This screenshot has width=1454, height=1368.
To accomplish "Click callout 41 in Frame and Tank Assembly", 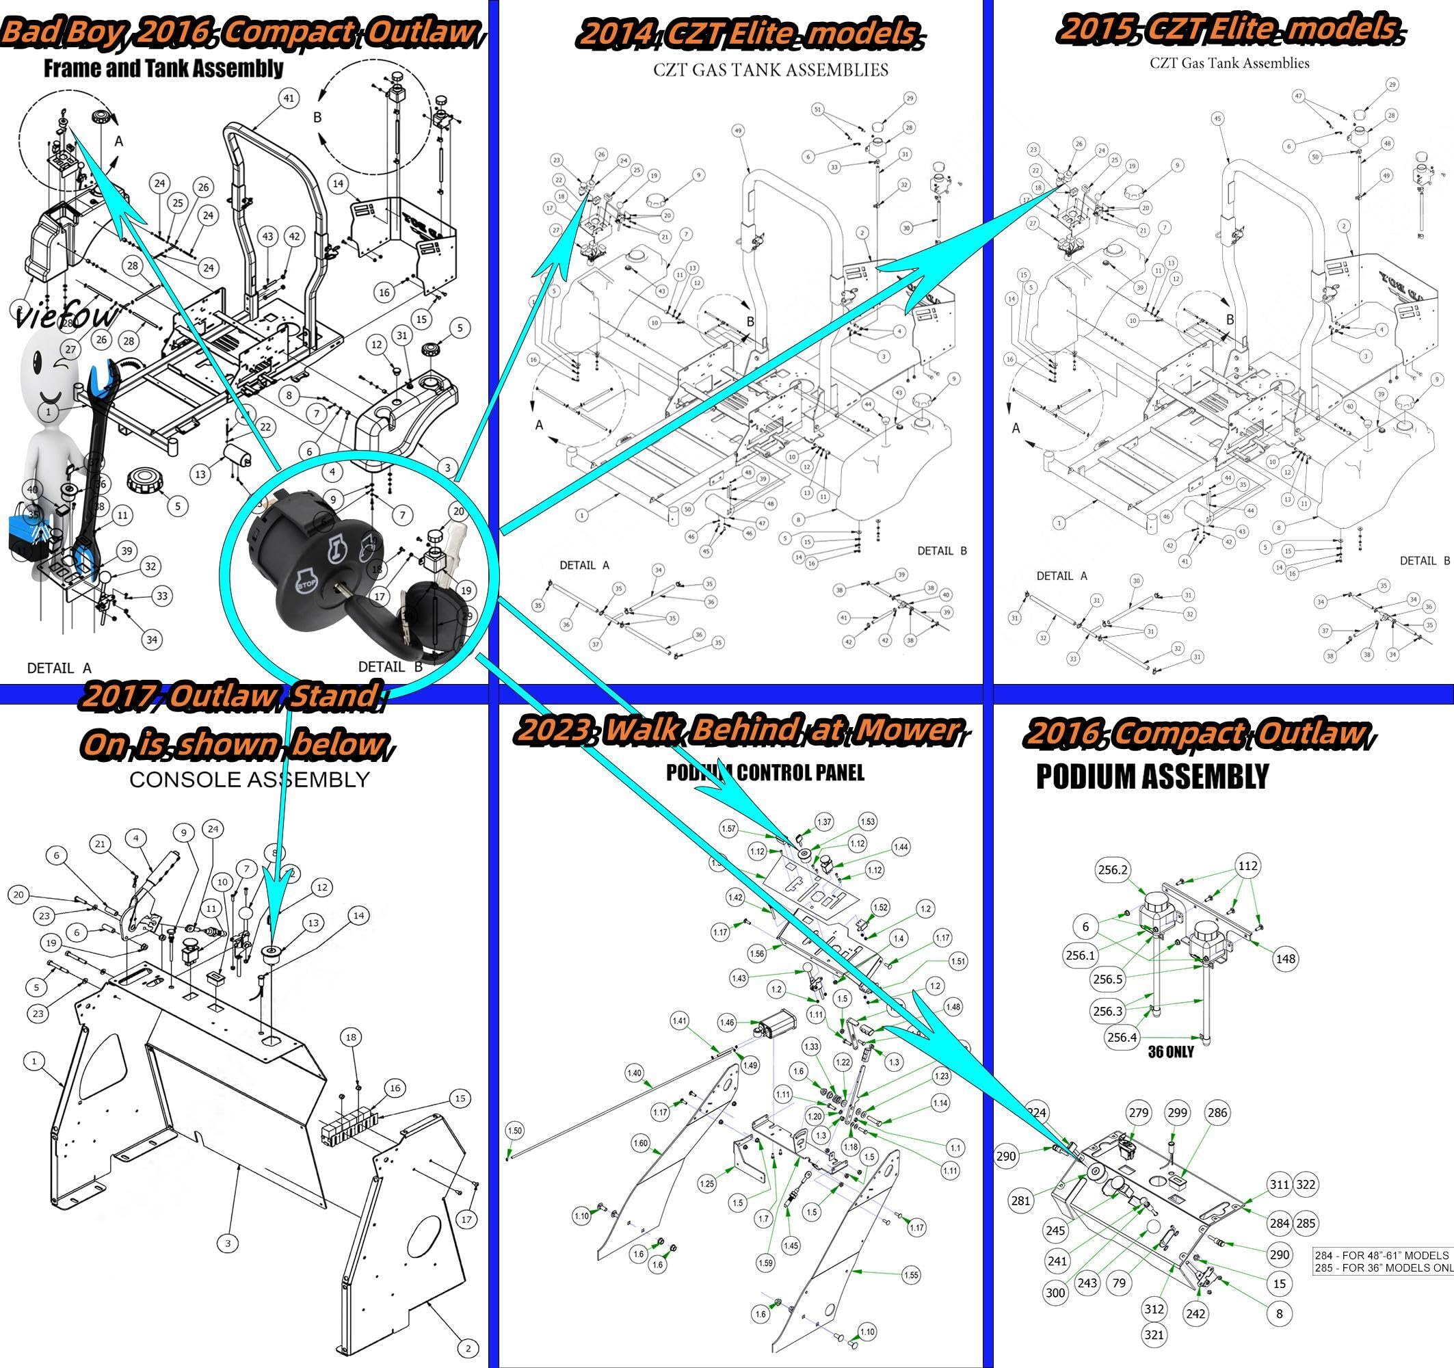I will (289, 98).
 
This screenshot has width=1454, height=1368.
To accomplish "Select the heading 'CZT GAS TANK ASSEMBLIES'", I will (770, 70).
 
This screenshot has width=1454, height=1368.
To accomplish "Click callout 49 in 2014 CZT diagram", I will (738, 131).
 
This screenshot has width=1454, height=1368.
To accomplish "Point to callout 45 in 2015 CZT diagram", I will (1217, 118).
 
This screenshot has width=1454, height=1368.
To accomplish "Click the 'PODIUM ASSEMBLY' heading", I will (1152, 777).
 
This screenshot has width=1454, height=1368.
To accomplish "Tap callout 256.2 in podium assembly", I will (1113, 870).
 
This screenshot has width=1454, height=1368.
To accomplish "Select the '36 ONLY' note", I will (1170, 1052).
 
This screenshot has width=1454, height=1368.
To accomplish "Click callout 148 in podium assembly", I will (1285, 958).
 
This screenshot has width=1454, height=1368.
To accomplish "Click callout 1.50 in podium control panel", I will (515, 1130).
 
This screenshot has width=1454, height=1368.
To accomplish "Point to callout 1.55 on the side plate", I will (911, 1275).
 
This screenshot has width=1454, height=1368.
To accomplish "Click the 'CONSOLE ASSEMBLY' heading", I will (250, 780).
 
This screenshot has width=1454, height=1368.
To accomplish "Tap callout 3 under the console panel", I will (228, 1243).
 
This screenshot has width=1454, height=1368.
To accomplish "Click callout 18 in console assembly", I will (351, 1037).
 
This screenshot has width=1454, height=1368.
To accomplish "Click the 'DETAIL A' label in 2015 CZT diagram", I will (1061, 576).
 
